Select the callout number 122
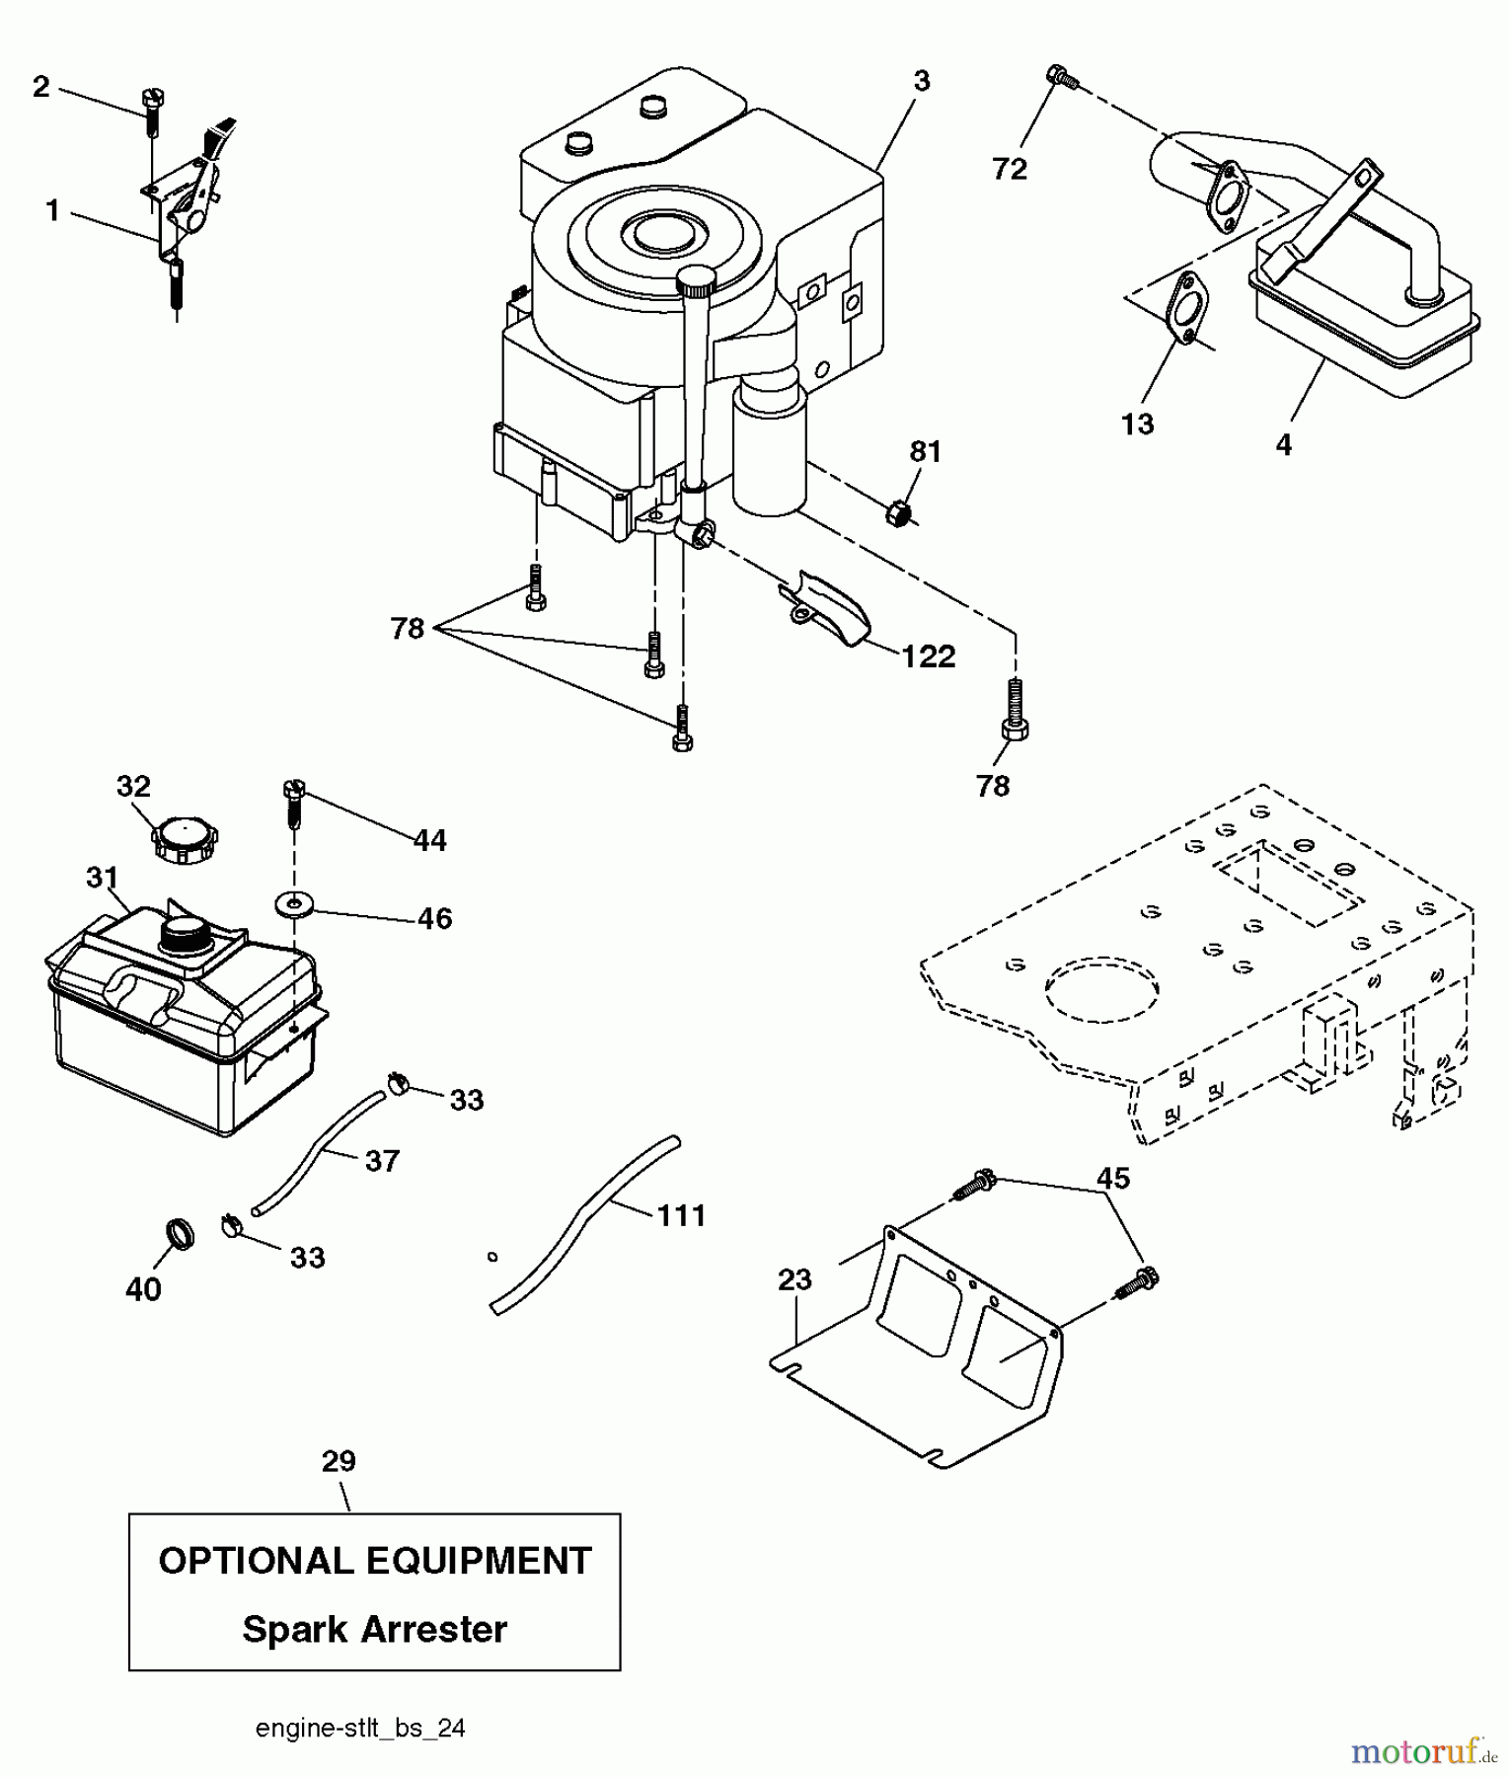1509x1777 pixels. pyautogui.click(x=929, y=657)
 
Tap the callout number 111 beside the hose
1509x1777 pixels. pyautogui.click(x=682, y=1214)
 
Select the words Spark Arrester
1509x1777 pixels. pyautogui.click(x=374, y=1628)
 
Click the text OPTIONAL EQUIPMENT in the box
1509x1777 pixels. pyautogui.click(x=374, y=1561)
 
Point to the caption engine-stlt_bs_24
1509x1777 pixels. pyautogui.click(x=360, y=1728)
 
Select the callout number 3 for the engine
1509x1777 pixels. pyautogui.click(x=921, y=81)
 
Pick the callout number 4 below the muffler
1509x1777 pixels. pyautogui.click(x=1282, y=445)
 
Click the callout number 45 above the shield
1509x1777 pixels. pyautogui.click(x=1113, y=1178)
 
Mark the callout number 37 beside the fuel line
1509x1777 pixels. pyautogui.click(x=382, y=1160)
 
